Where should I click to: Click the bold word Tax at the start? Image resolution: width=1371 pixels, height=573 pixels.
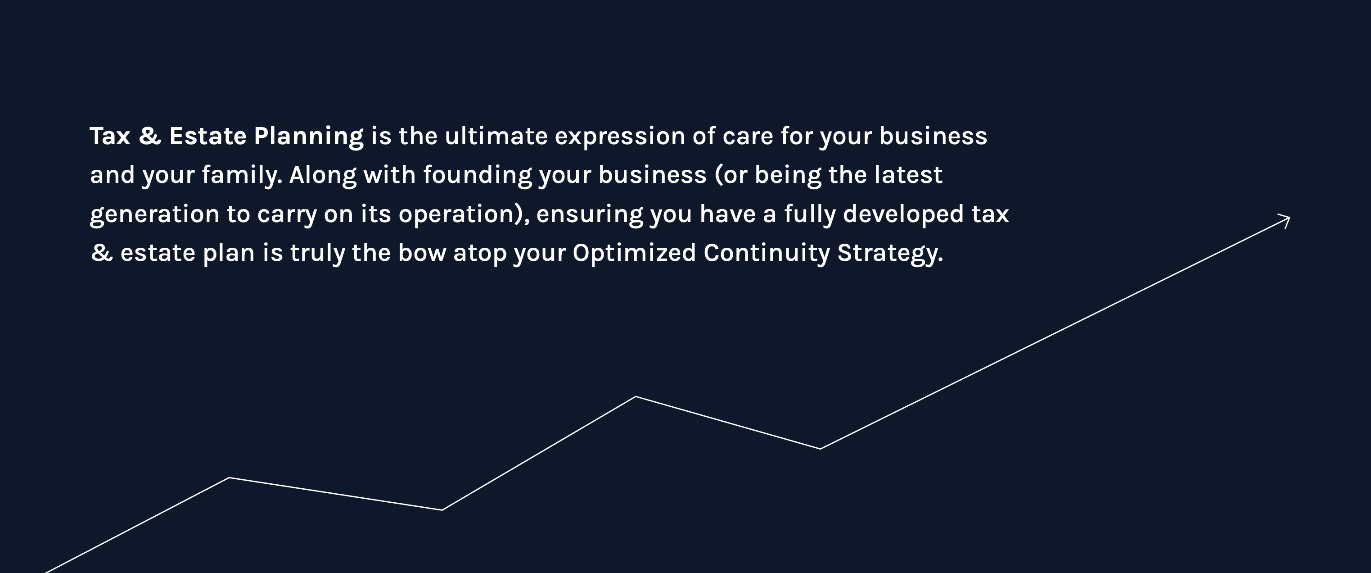(110, 136)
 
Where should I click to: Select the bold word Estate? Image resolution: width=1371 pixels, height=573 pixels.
(207, 136)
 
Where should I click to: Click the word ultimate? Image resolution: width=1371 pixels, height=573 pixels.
(496, 136)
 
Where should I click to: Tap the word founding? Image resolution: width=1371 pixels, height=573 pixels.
(478, 176)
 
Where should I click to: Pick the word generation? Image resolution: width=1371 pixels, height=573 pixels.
(154, 214)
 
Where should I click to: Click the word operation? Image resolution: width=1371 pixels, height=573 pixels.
(455, 214)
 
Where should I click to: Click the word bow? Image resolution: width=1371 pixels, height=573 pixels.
(422, 253)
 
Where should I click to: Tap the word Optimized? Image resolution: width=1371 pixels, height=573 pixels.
(634, 254)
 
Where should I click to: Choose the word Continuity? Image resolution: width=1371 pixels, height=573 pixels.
(767, 254)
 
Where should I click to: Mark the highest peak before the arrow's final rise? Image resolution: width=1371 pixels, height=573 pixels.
(636, 397)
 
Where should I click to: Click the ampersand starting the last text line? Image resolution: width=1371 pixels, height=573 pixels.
(102, 253)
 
